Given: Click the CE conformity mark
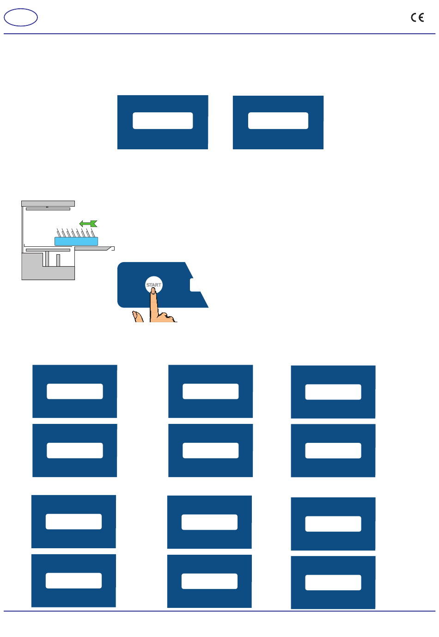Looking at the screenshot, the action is [x=417, y=18].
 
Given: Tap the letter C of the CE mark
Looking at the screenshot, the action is [x=414, y=18].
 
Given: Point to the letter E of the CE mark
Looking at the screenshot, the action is [x=421, y=18].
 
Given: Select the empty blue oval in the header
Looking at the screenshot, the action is [x=21, y=18].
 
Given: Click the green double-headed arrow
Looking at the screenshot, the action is [x=88, y=224].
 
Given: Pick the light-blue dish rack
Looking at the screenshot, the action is [x=76, y=241].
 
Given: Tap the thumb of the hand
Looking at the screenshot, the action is [x=137, y=317].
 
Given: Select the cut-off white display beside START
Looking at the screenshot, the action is [x=195, y=285].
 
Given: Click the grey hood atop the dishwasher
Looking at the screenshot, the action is [x=48, y=203].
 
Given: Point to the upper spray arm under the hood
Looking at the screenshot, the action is [x=48, y=209].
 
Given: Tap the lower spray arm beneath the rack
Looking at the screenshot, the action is [x=48, y=250].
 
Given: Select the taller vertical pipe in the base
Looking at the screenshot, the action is [x=47, y=258].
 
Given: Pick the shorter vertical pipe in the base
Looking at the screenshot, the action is [x=58, y=260].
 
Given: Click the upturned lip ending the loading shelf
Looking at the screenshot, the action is [x=111, y=248].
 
